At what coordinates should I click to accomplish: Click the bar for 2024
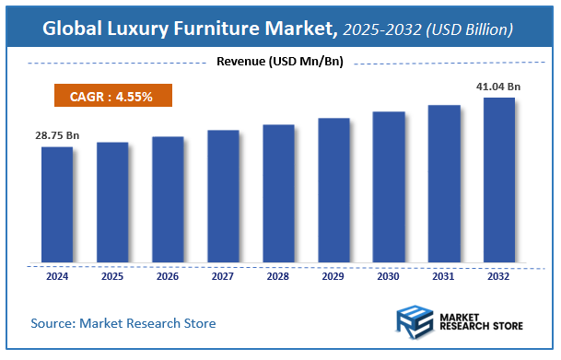tap(57, 203)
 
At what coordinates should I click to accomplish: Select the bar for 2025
tap(112, 201)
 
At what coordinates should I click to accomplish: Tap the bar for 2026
tap(168, 198)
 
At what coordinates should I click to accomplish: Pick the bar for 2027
tap(223, 195)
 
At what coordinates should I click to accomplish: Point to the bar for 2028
tap(278, 192)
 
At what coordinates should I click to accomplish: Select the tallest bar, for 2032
tap(499, 179)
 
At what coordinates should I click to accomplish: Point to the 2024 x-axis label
tap(57, 275)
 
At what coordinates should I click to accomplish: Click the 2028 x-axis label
tap(278, 275)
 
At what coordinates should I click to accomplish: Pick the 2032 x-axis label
tap(499, 275)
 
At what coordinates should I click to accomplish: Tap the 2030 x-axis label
tap(389, 275)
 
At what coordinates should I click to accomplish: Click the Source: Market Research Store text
tap(123, 323)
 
